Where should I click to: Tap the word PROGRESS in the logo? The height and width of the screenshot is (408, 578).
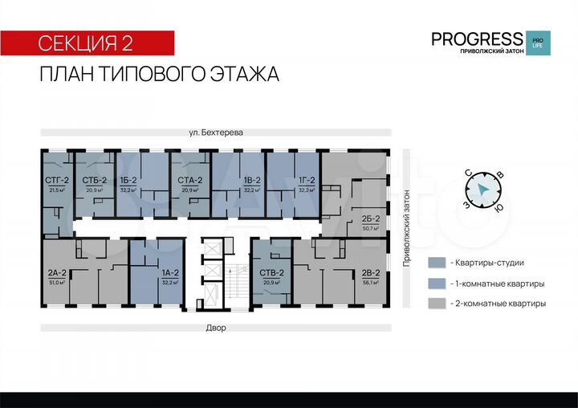point(477,39)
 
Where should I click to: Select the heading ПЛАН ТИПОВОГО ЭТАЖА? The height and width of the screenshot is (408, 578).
point(159,75)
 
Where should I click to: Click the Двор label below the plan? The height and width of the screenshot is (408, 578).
point(215,328)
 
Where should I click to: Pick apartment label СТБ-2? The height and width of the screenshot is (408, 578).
point(94,181)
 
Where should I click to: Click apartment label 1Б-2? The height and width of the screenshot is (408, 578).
point(128,181)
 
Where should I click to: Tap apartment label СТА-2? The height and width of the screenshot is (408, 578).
point(189,181)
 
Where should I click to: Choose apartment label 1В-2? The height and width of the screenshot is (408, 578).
point(252,181)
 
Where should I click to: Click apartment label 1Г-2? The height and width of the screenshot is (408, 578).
point(306,181)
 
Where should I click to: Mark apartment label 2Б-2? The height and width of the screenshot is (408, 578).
point(370,218)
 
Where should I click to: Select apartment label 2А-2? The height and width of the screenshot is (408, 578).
point(57,273)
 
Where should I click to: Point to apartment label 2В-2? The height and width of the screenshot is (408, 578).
point(370,273)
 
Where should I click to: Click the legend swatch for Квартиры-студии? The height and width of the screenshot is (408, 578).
point(437,263)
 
